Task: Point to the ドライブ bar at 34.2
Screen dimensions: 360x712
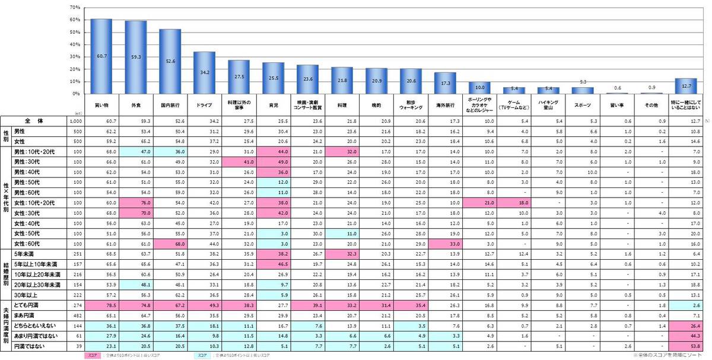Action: tap(205, 72)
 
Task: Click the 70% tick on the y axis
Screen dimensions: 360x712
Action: tap(75, 8)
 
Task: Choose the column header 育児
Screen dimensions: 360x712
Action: tap(274, 104)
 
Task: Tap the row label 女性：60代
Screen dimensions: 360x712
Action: tap(30, 244)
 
